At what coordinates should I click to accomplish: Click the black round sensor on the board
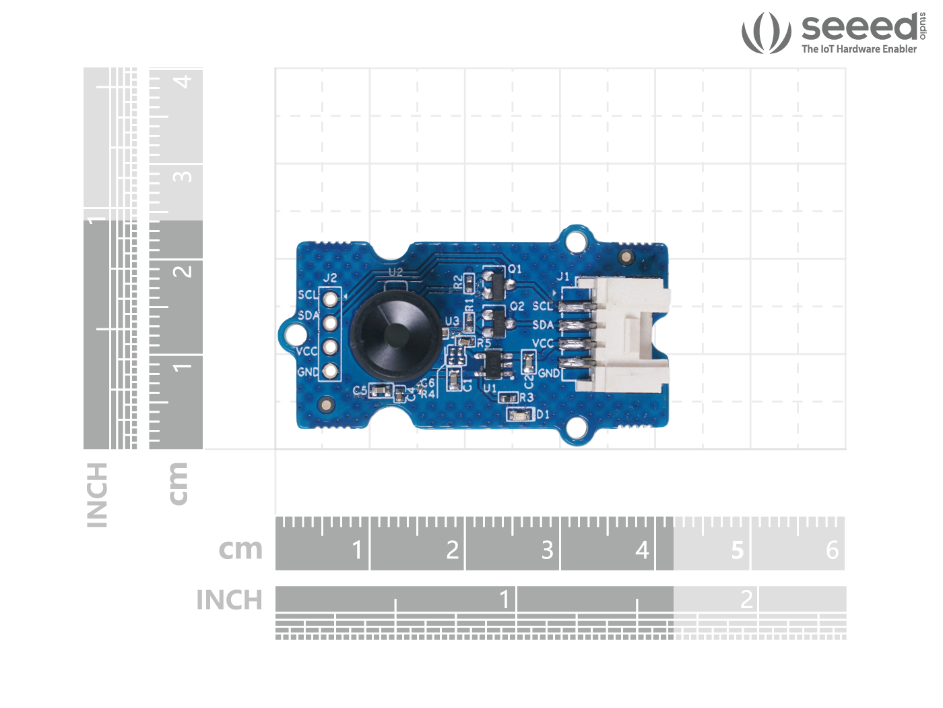click(x=396, y=334)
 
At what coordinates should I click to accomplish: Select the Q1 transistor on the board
click(x=493, y=283)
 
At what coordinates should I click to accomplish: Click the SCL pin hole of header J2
click(x=330, y=299)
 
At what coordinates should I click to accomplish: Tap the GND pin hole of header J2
click(x=330, y=371)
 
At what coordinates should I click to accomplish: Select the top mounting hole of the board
click(x=575, y=241)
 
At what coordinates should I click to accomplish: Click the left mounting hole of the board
click(x=294, y=334)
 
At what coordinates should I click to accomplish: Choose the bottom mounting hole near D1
click(x=577, y=427)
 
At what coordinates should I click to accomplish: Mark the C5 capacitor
click(x=381, y=390)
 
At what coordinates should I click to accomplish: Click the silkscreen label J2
click(x=329, y=278)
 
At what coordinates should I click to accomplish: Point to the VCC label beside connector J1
click(x=543, y=343)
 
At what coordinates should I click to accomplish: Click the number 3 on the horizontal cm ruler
click(x=547, y=550)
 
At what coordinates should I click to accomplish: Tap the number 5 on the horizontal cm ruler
click(x=738, y=550)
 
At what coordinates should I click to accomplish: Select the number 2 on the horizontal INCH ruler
click(x=746, y=599)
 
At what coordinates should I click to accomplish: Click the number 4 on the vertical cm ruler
click(x=183, y=82)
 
